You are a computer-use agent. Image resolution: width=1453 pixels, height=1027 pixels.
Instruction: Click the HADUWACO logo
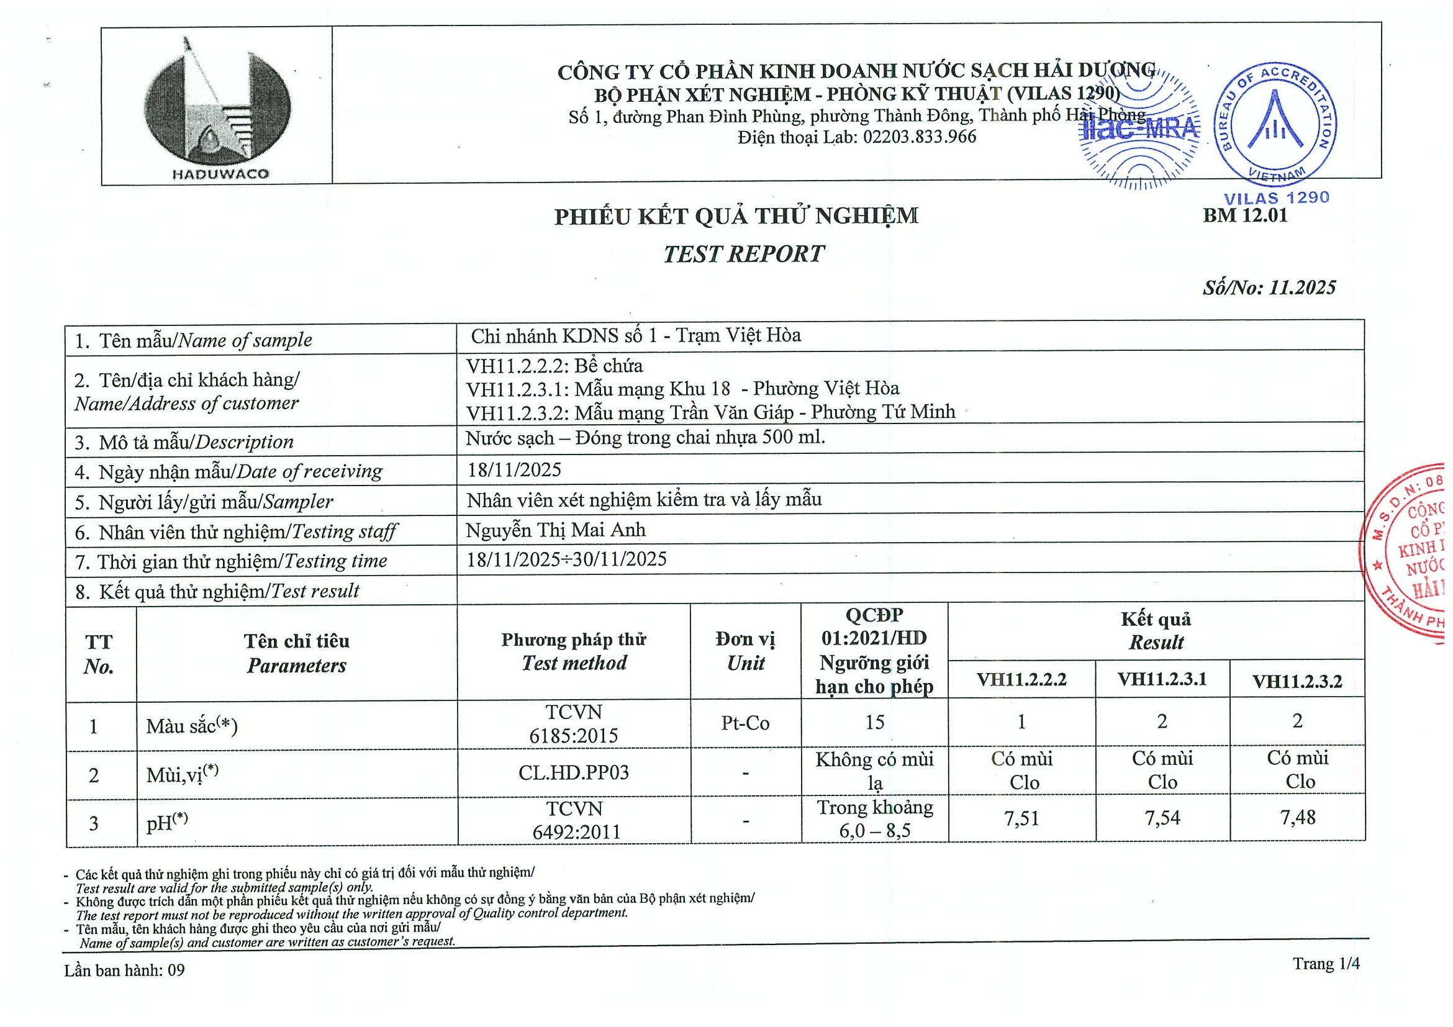(x=217, y=107)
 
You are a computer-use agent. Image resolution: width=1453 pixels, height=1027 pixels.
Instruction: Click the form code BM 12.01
(x=1245, y=216)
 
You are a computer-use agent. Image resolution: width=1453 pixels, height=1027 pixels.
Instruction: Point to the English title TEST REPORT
(x=744, y=255)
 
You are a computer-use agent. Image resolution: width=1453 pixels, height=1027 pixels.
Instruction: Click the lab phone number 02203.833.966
(x=919, y=137)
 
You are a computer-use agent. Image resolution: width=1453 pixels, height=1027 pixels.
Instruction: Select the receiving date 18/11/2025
(x=514, y=469)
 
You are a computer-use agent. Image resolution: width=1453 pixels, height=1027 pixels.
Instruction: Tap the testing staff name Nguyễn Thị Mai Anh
(x=556, y=530)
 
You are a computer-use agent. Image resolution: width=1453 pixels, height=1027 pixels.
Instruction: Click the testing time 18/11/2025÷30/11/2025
(x=566, y=559)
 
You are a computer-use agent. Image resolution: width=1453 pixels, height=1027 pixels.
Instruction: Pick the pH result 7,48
(x=1297, y=818)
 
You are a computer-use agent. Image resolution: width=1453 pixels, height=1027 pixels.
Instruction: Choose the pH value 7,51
(x=1021, y=819)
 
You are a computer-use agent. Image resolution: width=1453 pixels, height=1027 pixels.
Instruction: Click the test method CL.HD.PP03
(x=573, y=772)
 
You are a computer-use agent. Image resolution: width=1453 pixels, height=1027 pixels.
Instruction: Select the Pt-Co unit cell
(x=745, y=723)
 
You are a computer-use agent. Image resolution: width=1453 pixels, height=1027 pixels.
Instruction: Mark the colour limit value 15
(x=874, y=723)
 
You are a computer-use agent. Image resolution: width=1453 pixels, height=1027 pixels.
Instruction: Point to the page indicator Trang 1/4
(x=1326, y=964)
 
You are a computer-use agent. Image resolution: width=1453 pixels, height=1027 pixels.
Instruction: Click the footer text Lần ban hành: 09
(x=124, y=970)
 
